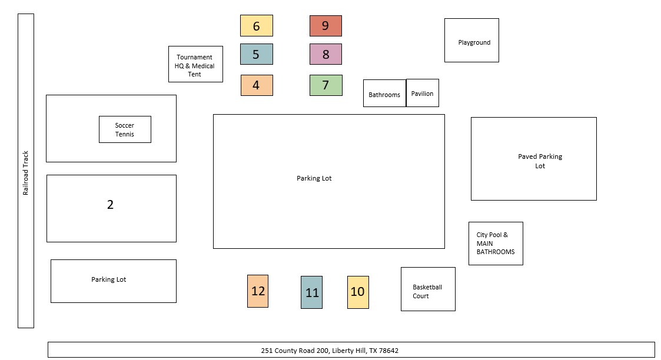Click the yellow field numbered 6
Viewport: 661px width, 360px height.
(256, 26)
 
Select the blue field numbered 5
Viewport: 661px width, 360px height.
(256, 54)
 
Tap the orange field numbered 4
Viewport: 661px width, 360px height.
(257, 85)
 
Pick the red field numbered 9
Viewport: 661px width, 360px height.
(325, 26)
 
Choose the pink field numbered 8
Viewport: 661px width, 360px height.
(325, 54)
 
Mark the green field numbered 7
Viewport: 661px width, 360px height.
(325, 85)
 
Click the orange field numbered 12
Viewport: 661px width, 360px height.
(258, 291)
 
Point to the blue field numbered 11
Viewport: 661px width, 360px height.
(311, 292)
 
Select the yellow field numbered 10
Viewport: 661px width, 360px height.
(358, 292)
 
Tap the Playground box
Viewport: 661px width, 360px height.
(471, 40)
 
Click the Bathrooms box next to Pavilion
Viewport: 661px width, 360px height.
(384, 94)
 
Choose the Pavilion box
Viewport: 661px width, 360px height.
(423, 93)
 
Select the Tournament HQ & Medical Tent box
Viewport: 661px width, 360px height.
(195, 64)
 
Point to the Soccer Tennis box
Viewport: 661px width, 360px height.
(125, 129)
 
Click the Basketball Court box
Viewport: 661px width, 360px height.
(428, 289)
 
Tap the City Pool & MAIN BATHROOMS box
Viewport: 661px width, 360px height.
(496, 244)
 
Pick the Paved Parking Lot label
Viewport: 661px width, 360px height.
(540, 161)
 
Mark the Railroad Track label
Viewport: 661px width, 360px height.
(26, 173)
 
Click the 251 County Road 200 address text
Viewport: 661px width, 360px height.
(330, 351)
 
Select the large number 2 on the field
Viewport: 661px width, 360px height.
(110, 205)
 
